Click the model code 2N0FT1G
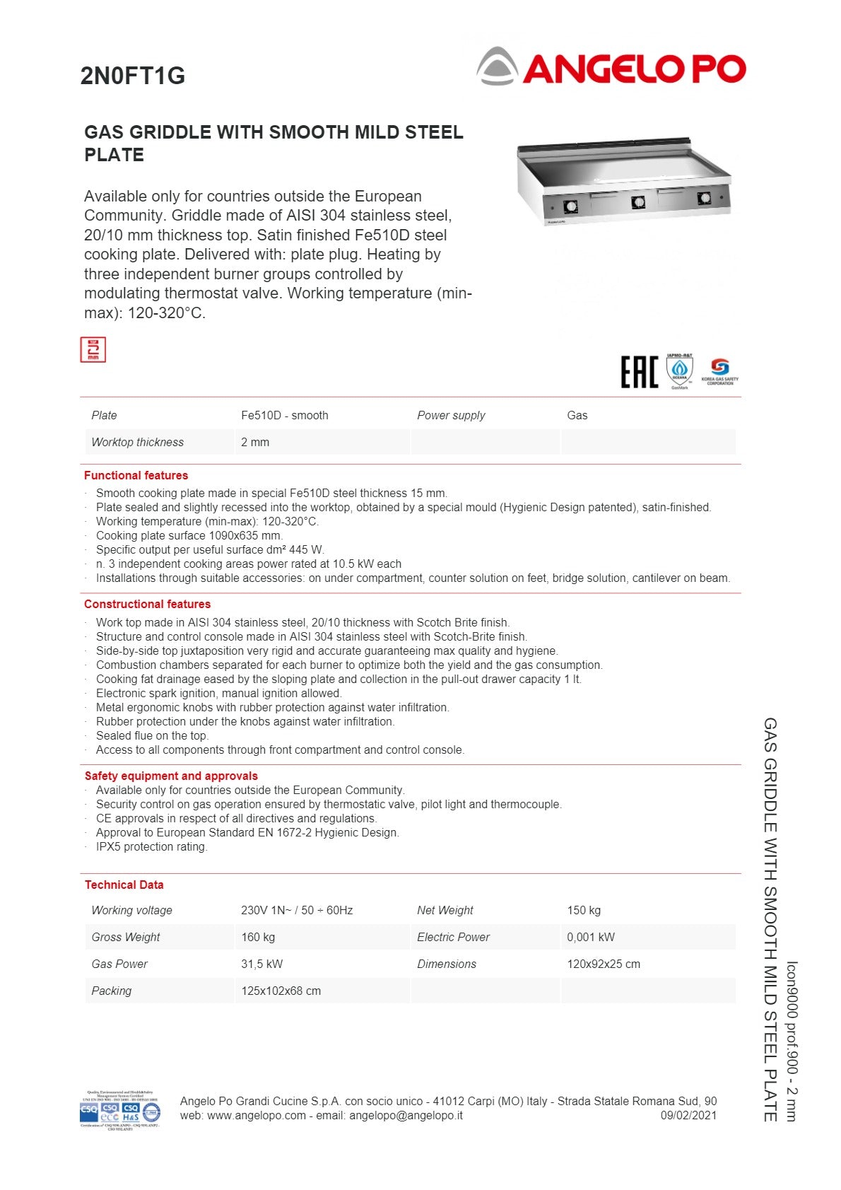pos(133,76)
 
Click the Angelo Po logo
pos(612,67)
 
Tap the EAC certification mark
pos(639,372)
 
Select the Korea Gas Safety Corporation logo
pos(719,371)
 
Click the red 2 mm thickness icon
pos(93,349)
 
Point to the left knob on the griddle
pos(570,206)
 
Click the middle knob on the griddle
pos(638,203)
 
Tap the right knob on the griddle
pos(704,199)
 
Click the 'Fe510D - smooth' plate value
pos(284,416)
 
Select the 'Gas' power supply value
pos(577,416)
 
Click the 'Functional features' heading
pos(136,475)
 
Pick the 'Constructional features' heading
pos(147,604)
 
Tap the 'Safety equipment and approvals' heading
pos(171,776)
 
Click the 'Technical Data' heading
pos(124,885)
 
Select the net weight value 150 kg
pos(583,911)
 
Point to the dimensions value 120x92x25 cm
pos(603,964)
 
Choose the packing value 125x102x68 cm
pos(281,991)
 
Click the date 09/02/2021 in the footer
pos(688,1116)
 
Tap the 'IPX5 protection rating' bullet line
pos(151,847)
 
